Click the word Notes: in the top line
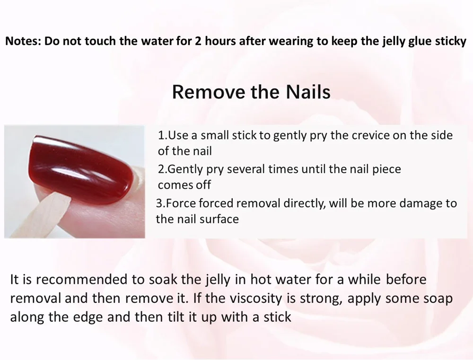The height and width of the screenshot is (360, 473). (x=23, y=41)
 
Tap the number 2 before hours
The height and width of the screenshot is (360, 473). (x=198, y=41)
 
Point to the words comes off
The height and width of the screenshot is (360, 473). (x=184, y=185)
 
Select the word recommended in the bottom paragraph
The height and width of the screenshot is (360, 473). (x=81, y=280)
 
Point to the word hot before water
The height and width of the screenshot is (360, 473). (x=260, y=280)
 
